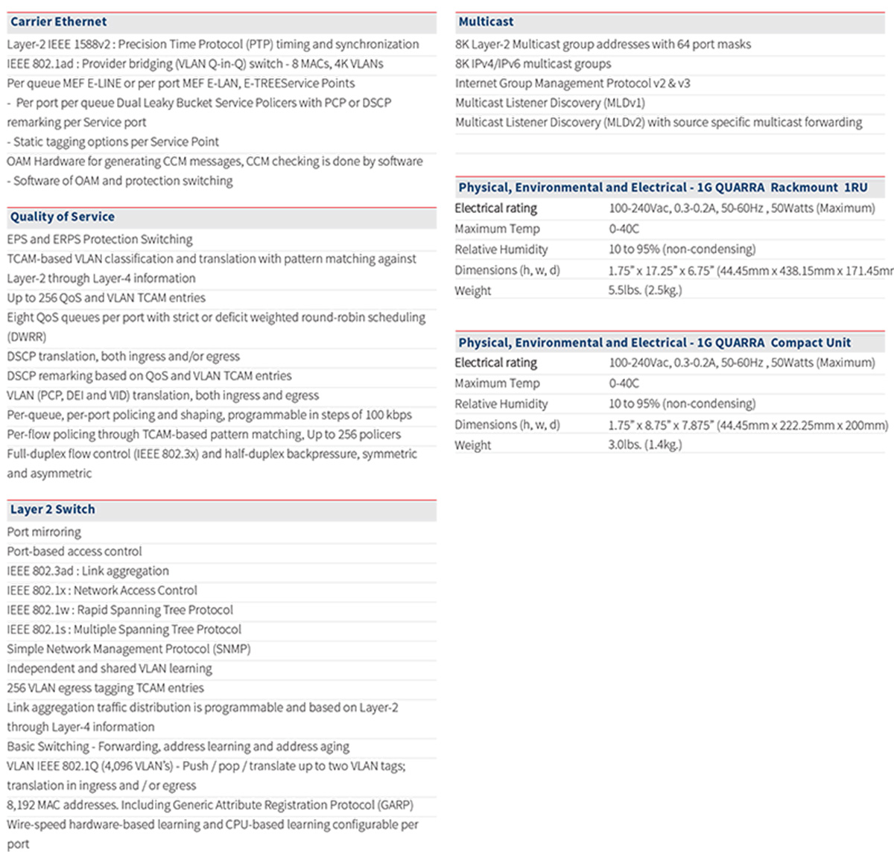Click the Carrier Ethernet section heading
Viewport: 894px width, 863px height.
58,22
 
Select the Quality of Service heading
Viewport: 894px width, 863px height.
63,217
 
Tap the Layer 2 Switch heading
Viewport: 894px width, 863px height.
52,510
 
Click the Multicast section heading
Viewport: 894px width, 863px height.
486,22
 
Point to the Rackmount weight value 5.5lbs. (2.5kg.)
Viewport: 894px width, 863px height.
644,290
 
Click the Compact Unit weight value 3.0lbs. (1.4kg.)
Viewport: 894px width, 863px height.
644,445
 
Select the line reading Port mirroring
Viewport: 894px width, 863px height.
44,532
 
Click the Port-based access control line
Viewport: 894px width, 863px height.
74,552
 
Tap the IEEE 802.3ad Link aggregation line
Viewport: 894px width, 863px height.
88,571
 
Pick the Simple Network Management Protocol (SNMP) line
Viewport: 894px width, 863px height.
129,649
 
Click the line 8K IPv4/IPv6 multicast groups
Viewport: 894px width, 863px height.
533,64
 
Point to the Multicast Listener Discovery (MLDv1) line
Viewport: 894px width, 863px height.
550,103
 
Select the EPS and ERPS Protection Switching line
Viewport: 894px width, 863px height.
100,240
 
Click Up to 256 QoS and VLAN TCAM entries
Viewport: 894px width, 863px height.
107,298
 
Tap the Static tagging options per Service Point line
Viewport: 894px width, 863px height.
113,141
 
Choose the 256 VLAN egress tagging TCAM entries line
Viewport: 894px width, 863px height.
105,688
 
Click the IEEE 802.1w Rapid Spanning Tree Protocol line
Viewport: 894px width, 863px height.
120,610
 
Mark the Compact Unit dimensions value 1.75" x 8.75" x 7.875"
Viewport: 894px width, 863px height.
748,425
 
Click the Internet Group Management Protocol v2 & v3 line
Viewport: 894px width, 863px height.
572,83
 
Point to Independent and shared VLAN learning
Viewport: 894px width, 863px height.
110,669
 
